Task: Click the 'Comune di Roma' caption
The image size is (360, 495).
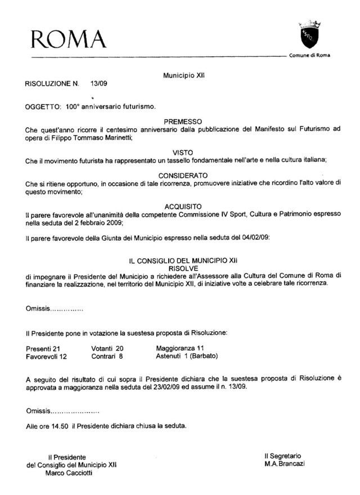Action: click(x=310, y=55)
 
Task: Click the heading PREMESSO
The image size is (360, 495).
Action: click(x=183, y=121)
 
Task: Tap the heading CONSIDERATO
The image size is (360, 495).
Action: click(x=183, y=175)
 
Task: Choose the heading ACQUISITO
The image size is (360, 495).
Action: click(x=183, y=206)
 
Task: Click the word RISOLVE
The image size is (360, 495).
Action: click(x=183, y=268)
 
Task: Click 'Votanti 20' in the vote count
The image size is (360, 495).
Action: click(x=107, y=349)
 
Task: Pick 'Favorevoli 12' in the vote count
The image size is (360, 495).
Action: click(x=47, y=357)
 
